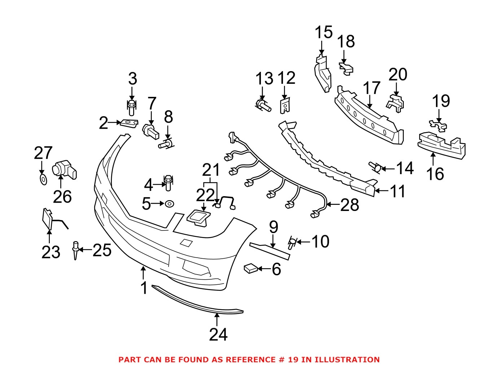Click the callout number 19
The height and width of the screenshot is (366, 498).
point(441,101)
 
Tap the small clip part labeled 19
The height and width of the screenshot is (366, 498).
point(438,125)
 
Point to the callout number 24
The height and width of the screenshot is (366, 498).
point(218,335)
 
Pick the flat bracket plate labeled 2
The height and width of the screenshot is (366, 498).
point(128,123)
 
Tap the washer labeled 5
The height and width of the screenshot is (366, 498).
point(169,204)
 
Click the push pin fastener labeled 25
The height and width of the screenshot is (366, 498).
point(75,250)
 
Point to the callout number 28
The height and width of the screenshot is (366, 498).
point(349,205)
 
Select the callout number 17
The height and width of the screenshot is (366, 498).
point(371,88)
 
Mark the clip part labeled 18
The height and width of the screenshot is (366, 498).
point(346,68)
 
